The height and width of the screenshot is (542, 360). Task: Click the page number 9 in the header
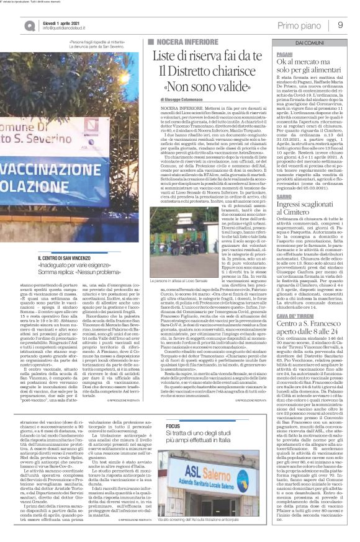[x=340, y=25]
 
